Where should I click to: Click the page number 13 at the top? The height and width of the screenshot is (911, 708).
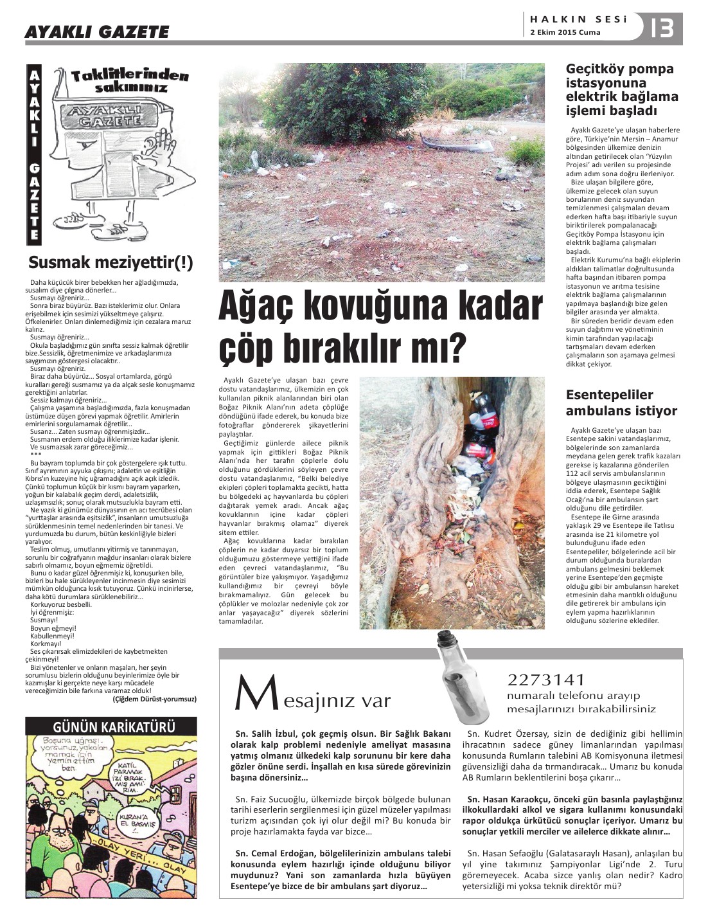click(x=662, y=28)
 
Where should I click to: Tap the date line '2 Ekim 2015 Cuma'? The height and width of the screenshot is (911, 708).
click(x=565, y=33)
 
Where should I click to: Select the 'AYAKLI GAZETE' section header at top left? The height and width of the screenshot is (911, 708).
click(x=96, y=32)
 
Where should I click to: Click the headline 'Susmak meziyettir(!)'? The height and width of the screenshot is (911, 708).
click(x=111, y=263)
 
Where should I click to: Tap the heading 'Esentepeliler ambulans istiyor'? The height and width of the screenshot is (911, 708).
click(x=612, y=402)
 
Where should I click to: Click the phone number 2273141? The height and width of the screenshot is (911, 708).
click(x=546, y=680)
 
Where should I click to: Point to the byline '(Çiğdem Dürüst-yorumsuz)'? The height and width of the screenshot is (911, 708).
click(x=154, y=699)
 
